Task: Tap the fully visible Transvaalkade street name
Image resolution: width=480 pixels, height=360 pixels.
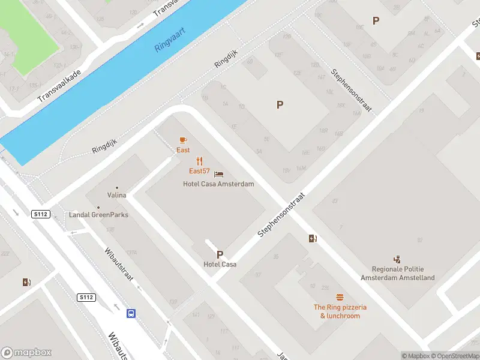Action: [59, 86]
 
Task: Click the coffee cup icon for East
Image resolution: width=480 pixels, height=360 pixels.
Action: [183, 140]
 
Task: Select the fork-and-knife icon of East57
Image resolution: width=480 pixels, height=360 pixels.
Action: [200, 161]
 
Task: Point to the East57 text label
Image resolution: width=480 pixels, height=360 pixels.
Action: [199, 172]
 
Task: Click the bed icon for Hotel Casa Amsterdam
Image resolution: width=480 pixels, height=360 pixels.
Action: [219, 175]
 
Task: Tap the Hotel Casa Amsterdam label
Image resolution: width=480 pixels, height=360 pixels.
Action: [218, 184]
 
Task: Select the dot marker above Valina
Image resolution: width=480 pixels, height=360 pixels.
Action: [117, 187]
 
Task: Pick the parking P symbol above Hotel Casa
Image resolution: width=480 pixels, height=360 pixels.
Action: [220, 254]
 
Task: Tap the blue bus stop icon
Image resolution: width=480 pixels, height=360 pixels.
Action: [130, 313]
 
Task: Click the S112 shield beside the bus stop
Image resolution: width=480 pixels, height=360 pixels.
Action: [86, 297]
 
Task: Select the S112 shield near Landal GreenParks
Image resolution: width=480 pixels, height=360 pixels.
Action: [40, 214]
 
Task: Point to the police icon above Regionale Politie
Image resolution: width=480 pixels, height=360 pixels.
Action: [397, 259]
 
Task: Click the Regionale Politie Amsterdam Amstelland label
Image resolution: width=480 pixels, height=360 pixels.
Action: [397, 274]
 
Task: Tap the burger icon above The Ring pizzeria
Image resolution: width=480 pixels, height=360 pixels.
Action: [340, 297]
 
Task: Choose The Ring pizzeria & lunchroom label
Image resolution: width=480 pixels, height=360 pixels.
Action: [340, 311]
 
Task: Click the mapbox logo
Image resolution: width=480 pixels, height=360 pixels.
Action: [26, 352]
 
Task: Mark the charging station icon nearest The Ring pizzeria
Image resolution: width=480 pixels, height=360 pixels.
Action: [312, 238]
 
